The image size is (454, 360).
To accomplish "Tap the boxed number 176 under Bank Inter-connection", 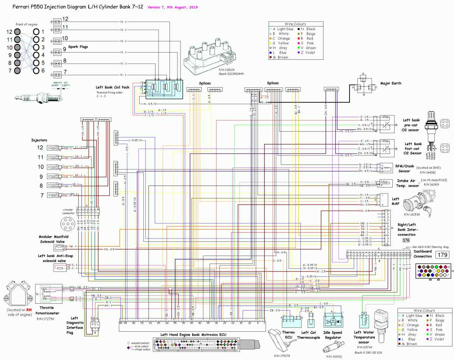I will click(x=406, y=240).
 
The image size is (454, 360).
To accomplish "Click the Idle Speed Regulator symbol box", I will click(x=333, y=320).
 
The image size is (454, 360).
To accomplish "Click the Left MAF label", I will click(x=395, y=201).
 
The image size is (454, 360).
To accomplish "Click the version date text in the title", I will click(x=172, y=7).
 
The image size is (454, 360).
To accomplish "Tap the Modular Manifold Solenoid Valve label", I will click(x=53, y=239).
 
